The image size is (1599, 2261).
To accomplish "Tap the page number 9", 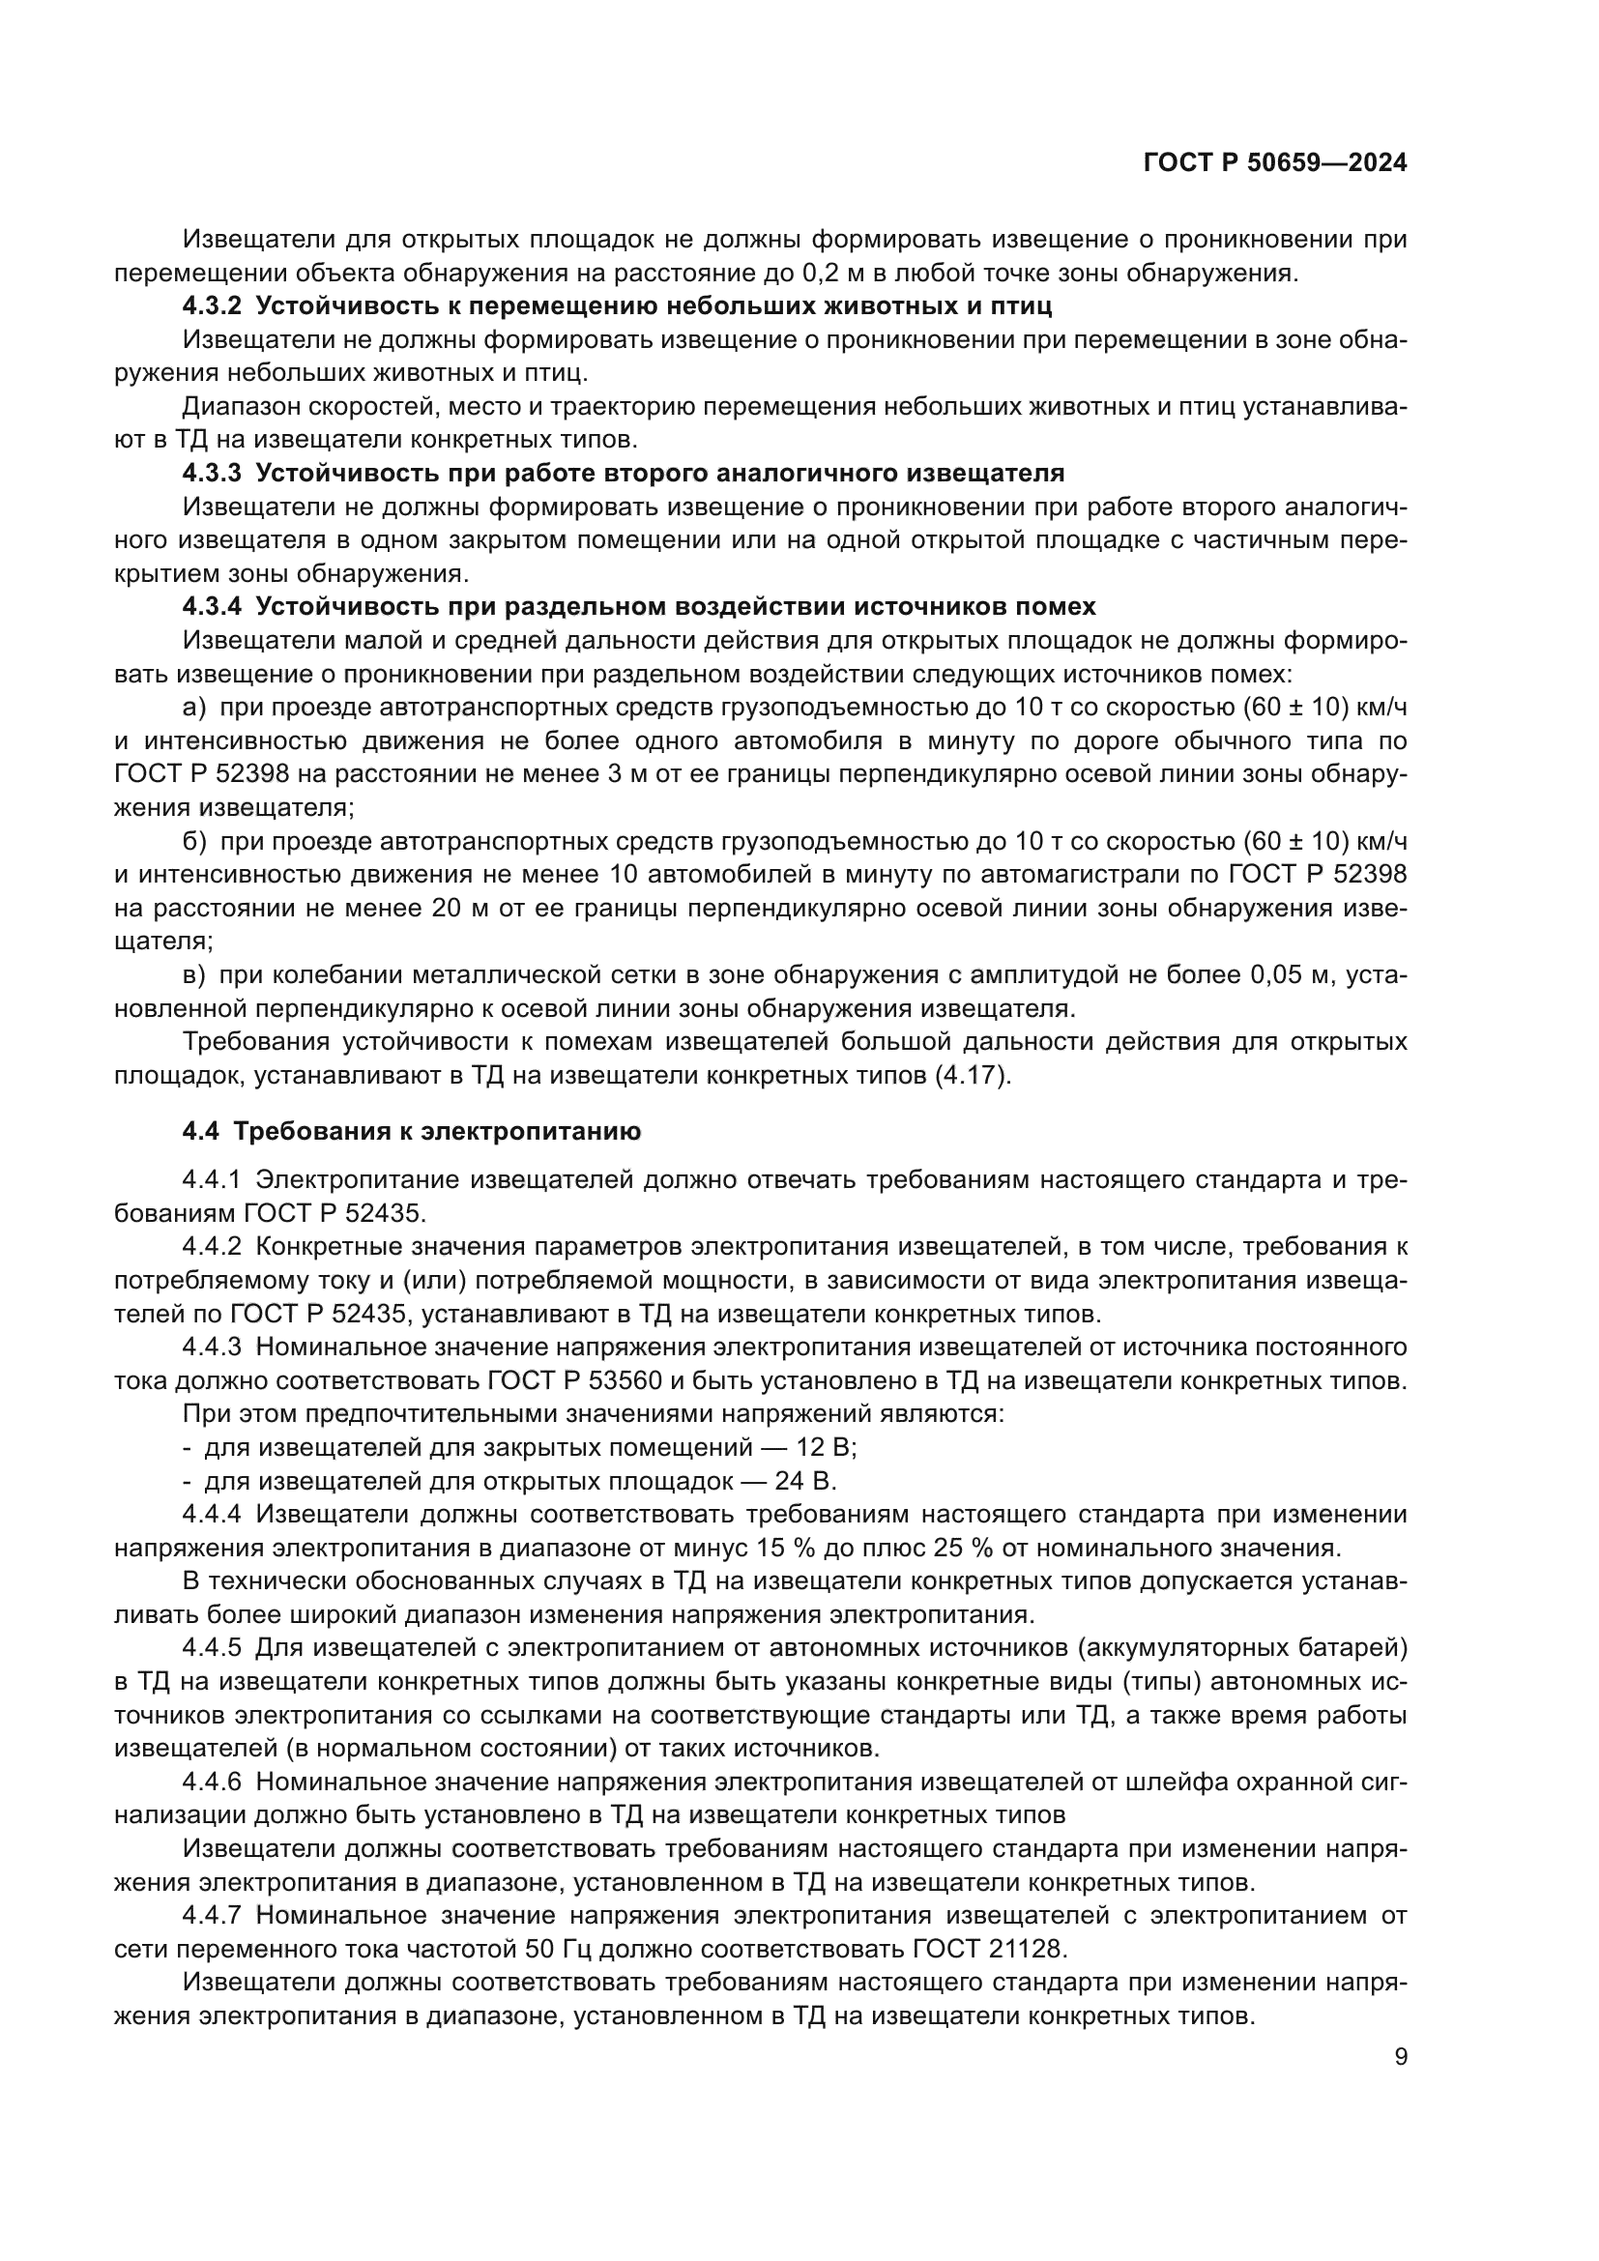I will pyautogui.click(x=1400, y=2057).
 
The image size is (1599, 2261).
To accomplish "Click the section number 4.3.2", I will pyautogui.click(x=211, y=306).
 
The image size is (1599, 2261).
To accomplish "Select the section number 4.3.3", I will pyautogui.click(x=211, y=474).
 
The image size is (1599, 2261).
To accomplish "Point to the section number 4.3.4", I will pyautogui.click(x=211, y=607).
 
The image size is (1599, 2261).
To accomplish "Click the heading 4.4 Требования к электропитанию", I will pyautogui.click(x=411, y=1132).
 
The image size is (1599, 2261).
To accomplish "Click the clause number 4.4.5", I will pyautogui.click(x=211, y=1647).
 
